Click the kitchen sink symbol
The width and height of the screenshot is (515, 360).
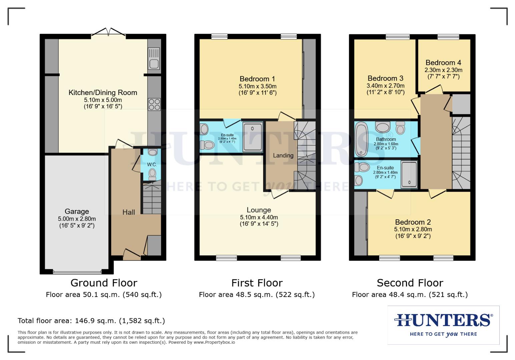pos(154,58)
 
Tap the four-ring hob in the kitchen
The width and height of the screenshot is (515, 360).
pos(154,104)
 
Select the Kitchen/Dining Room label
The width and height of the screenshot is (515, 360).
pos(103,93)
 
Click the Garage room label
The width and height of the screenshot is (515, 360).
pos(77,211)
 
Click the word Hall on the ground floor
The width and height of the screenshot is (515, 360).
pos(129,212)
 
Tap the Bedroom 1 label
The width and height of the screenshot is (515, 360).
pos(257,79)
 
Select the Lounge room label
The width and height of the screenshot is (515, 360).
pos(259,210)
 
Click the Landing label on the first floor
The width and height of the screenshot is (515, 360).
pos(283,155)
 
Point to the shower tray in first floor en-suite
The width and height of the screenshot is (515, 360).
pos(252,137)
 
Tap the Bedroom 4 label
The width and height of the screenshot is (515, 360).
pos(443,63)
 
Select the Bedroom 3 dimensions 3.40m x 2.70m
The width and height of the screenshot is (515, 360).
pos(385,86)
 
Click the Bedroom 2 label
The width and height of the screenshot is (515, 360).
pos(413,222)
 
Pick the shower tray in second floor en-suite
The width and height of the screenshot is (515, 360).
pos(409,174)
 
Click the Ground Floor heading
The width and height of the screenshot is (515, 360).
pos(104,283)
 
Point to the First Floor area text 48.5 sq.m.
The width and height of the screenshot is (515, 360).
pos(256,295)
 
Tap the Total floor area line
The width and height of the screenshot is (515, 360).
pos(91,321)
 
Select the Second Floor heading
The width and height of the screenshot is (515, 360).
pos(410,283)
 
